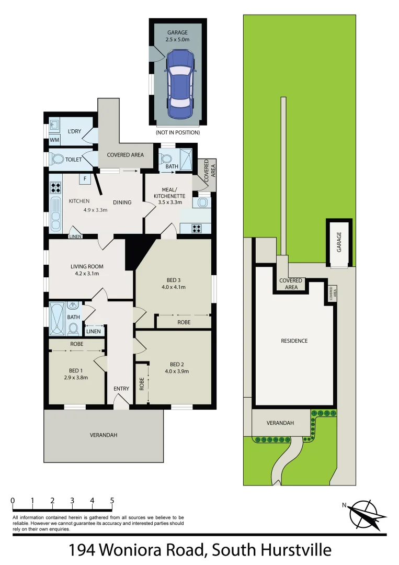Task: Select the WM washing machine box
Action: click(x=54, y=140)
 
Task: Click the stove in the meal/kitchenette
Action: click(x=198, y=228)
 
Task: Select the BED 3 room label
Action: click(x=174, y=279)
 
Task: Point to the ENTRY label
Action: click(x=121, y=389)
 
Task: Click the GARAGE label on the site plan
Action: click(x=339, y=243)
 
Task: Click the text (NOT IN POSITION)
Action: click(x=177, y=133)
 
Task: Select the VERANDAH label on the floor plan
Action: click(x=103, y=435)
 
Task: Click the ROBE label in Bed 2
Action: click(x=141, y=385)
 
